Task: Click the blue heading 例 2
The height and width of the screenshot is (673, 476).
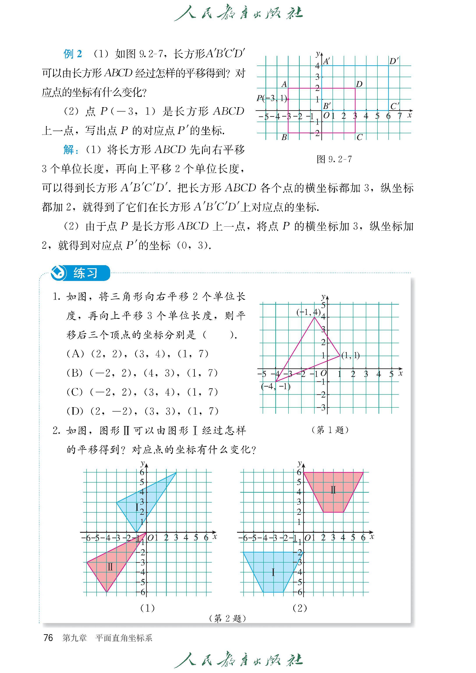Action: tap(73, 54)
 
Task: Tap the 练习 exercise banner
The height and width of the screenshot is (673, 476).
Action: tap(85, 273)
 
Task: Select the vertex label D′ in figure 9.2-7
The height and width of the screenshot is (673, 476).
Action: tap(394, 61)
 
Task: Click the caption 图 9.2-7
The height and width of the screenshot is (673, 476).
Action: tap(334, 159)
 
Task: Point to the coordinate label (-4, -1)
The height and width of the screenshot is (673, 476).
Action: tap(276, 387)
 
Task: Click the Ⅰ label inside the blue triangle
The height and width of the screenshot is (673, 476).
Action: tap(137, 507)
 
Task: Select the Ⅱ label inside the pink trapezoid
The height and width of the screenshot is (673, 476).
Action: tap(333, 490)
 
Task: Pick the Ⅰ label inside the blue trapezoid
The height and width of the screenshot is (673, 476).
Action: tap(273, 572)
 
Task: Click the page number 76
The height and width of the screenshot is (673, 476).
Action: tap(48, 637)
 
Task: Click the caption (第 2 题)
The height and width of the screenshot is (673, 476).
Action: tap(227, 618)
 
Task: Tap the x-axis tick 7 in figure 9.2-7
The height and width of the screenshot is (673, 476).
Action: tap(399, 116)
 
